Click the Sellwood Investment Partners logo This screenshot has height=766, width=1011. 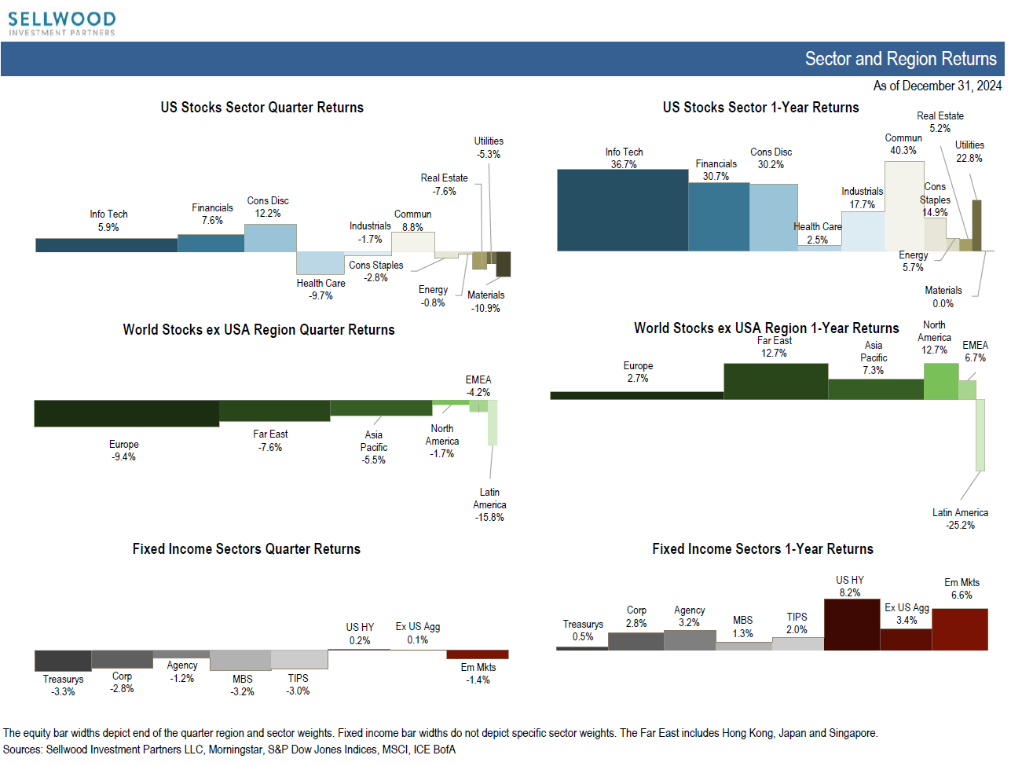(x=62, y=23)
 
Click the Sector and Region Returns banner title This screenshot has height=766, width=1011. (x=900, y=59)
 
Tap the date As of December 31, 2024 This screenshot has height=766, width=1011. (x=937, y=86)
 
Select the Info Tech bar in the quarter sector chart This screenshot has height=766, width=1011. (x=106, y=245)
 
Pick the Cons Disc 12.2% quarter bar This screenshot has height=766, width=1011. (x=270, y=238)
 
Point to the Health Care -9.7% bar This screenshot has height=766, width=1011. (x=320, y=262)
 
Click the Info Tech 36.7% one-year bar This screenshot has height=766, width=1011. (x=622, y=210)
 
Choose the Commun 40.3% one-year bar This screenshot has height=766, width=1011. (x=903, y=206)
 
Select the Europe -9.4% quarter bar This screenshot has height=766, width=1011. (x=126, y=413)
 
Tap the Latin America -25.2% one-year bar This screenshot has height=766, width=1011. (x=980, y=434)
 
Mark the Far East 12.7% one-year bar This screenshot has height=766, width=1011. (x=775, y=381)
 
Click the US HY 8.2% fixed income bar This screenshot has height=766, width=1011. (x=852, y=625)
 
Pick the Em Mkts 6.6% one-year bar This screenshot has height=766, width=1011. (x=959, y=629)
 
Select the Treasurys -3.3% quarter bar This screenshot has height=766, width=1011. (x=63, y=661)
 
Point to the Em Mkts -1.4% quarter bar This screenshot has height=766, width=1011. (x=477, y=654)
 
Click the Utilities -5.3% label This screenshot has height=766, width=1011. (x=489, y=148)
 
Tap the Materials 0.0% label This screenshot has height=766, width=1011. (x=943, y=297)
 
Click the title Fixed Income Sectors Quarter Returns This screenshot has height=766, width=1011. (x=246, y=549)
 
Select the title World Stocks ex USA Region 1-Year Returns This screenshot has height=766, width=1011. (x=766, y=328)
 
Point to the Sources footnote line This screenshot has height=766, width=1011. (x=229, y=750)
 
